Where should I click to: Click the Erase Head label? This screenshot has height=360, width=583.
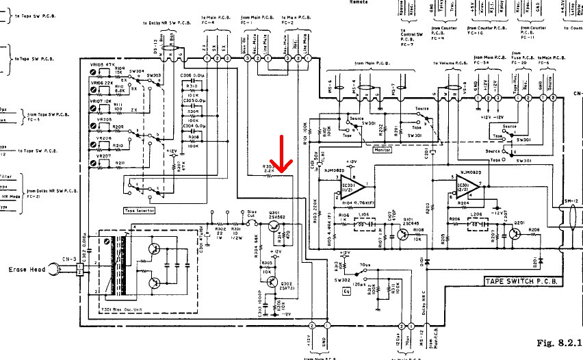27,270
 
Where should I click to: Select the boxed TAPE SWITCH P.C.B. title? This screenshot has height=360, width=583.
523,281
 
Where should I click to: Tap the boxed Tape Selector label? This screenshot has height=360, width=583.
140,209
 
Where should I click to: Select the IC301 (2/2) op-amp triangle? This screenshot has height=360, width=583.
471,185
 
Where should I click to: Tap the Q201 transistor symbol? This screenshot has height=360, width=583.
514,233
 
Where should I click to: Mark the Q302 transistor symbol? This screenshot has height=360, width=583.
276,281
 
